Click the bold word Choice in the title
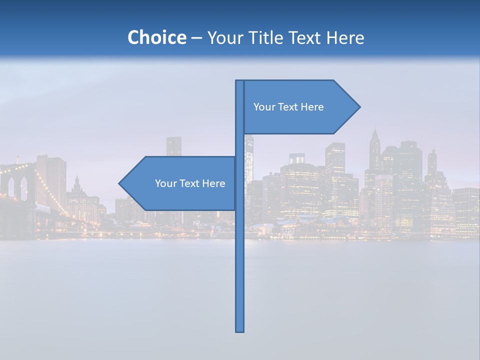(156, 37)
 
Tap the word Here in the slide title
(345, 37)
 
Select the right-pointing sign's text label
(288, 107)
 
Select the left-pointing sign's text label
(190, 183)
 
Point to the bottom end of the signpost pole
(240, 330)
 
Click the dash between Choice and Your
(196, 38)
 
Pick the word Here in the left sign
(213, 183)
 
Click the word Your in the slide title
(223, 37)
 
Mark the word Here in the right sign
(312, 107)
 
